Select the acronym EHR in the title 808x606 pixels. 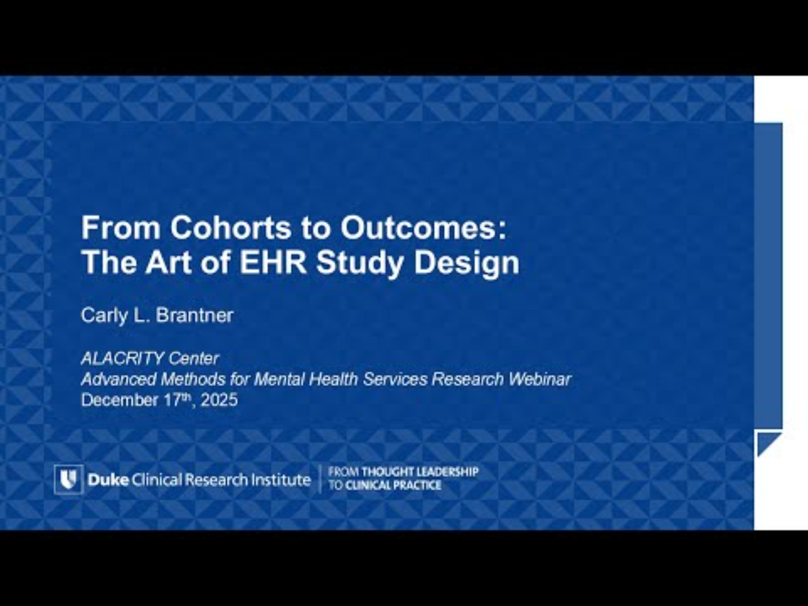(x=273, y=263)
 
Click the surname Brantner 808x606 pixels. (x=195, y=315)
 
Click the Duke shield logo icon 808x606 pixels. (x=69, y=479)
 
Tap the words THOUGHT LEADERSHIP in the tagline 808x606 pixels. (x=420, y=472)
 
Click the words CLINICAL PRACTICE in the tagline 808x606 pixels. (x=393, y=485)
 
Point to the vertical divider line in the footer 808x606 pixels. (x=320, y=479)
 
